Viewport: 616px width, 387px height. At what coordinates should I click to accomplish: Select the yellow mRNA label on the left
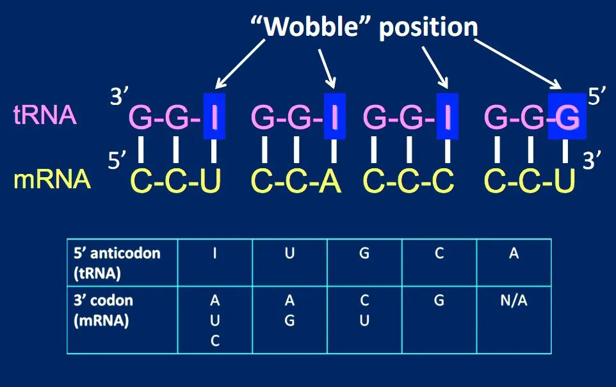coord(52,181)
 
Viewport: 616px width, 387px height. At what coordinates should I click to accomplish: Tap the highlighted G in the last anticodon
coord(567,117)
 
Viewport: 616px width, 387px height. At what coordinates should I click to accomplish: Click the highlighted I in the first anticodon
coord(215,117)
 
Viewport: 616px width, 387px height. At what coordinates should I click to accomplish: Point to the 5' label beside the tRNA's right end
coord(596,97)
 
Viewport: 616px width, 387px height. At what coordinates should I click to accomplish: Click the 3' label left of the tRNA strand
coord(120,98)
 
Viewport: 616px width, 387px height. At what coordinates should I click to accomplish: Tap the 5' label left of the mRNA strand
coord(117,162)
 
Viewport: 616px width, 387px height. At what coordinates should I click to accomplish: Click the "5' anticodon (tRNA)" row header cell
coord(122,262)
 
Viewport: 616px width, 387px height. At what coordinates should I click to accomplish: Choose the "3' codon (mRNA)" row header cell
coord(122,319)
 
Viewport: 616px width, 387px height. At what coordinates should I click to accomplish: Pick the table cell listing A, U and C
coord(215,319)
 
